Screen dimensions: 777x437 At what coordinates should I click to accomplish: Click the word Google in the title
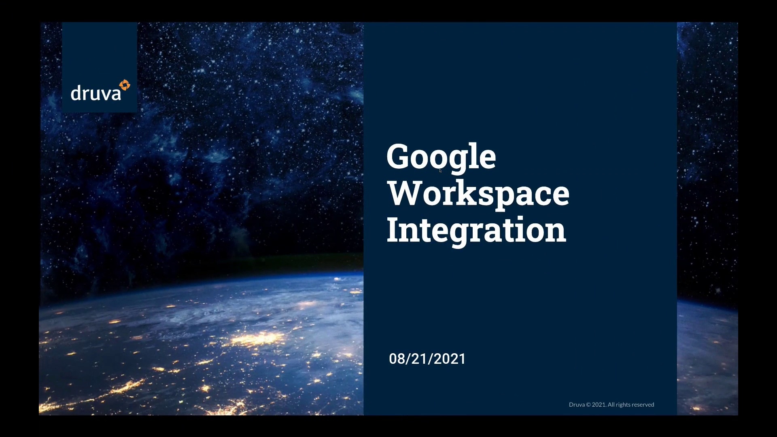pos(441,159)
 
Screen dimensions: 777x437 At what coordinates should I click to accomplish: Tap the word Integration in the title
pos(476,231)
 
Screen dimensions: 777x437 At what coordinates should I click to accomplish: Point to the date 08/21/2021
pos(427,359)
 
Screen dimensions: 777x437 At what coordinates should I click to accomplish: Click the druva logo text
pos(96,93)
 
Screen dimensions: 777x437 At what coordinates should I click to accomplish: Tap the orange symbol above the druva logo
pos(125,85)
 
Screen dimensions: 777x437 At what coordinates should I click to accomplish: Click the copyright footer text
pos(611,405)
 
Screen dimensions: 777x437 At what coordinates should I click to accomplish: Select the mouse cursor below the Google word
pos(440,171)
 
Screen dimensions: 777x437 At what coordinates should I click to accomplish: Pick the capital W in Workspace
pos(405,193)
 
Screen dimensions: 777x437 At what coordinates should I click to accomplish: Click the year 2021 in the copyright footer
pos(599,405)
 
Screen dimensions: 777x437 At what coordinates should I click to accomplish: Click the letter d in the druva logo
pos(76,93)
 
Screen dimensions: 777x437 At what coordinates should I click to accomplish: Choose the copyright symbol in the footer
pos(588,405)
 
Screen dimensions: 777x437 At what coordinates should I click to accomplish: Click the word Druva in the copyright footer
pos(577,405)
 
